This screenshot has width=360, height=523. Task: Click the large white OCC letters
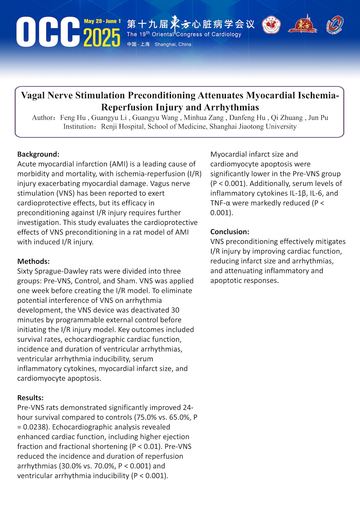[x=48, y=32]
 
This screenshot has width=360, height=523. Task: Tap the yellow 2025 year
[x=102, y=37]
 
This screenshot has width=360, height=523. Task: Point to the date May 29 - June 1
[x=102, y=21]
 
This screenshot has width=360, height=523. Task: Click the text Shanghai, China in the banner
[x=173, y=44]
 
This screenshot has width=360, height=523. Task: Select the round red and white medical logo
[x=271, y=26]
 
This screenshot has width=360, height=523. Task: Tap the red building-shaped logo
[x=303, y=24]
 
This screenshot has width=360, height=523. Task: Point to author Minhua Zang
[x=204, y=118]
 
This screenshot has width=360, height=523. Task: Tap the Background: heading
[x=38, y=154]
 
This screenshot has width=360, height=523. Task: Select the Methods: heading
[x=33, y=261]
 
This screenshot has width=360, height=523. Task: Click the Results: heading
[x=30, y=398]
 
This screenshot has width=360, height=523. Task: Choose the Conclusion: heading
[x=230, y=232]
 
